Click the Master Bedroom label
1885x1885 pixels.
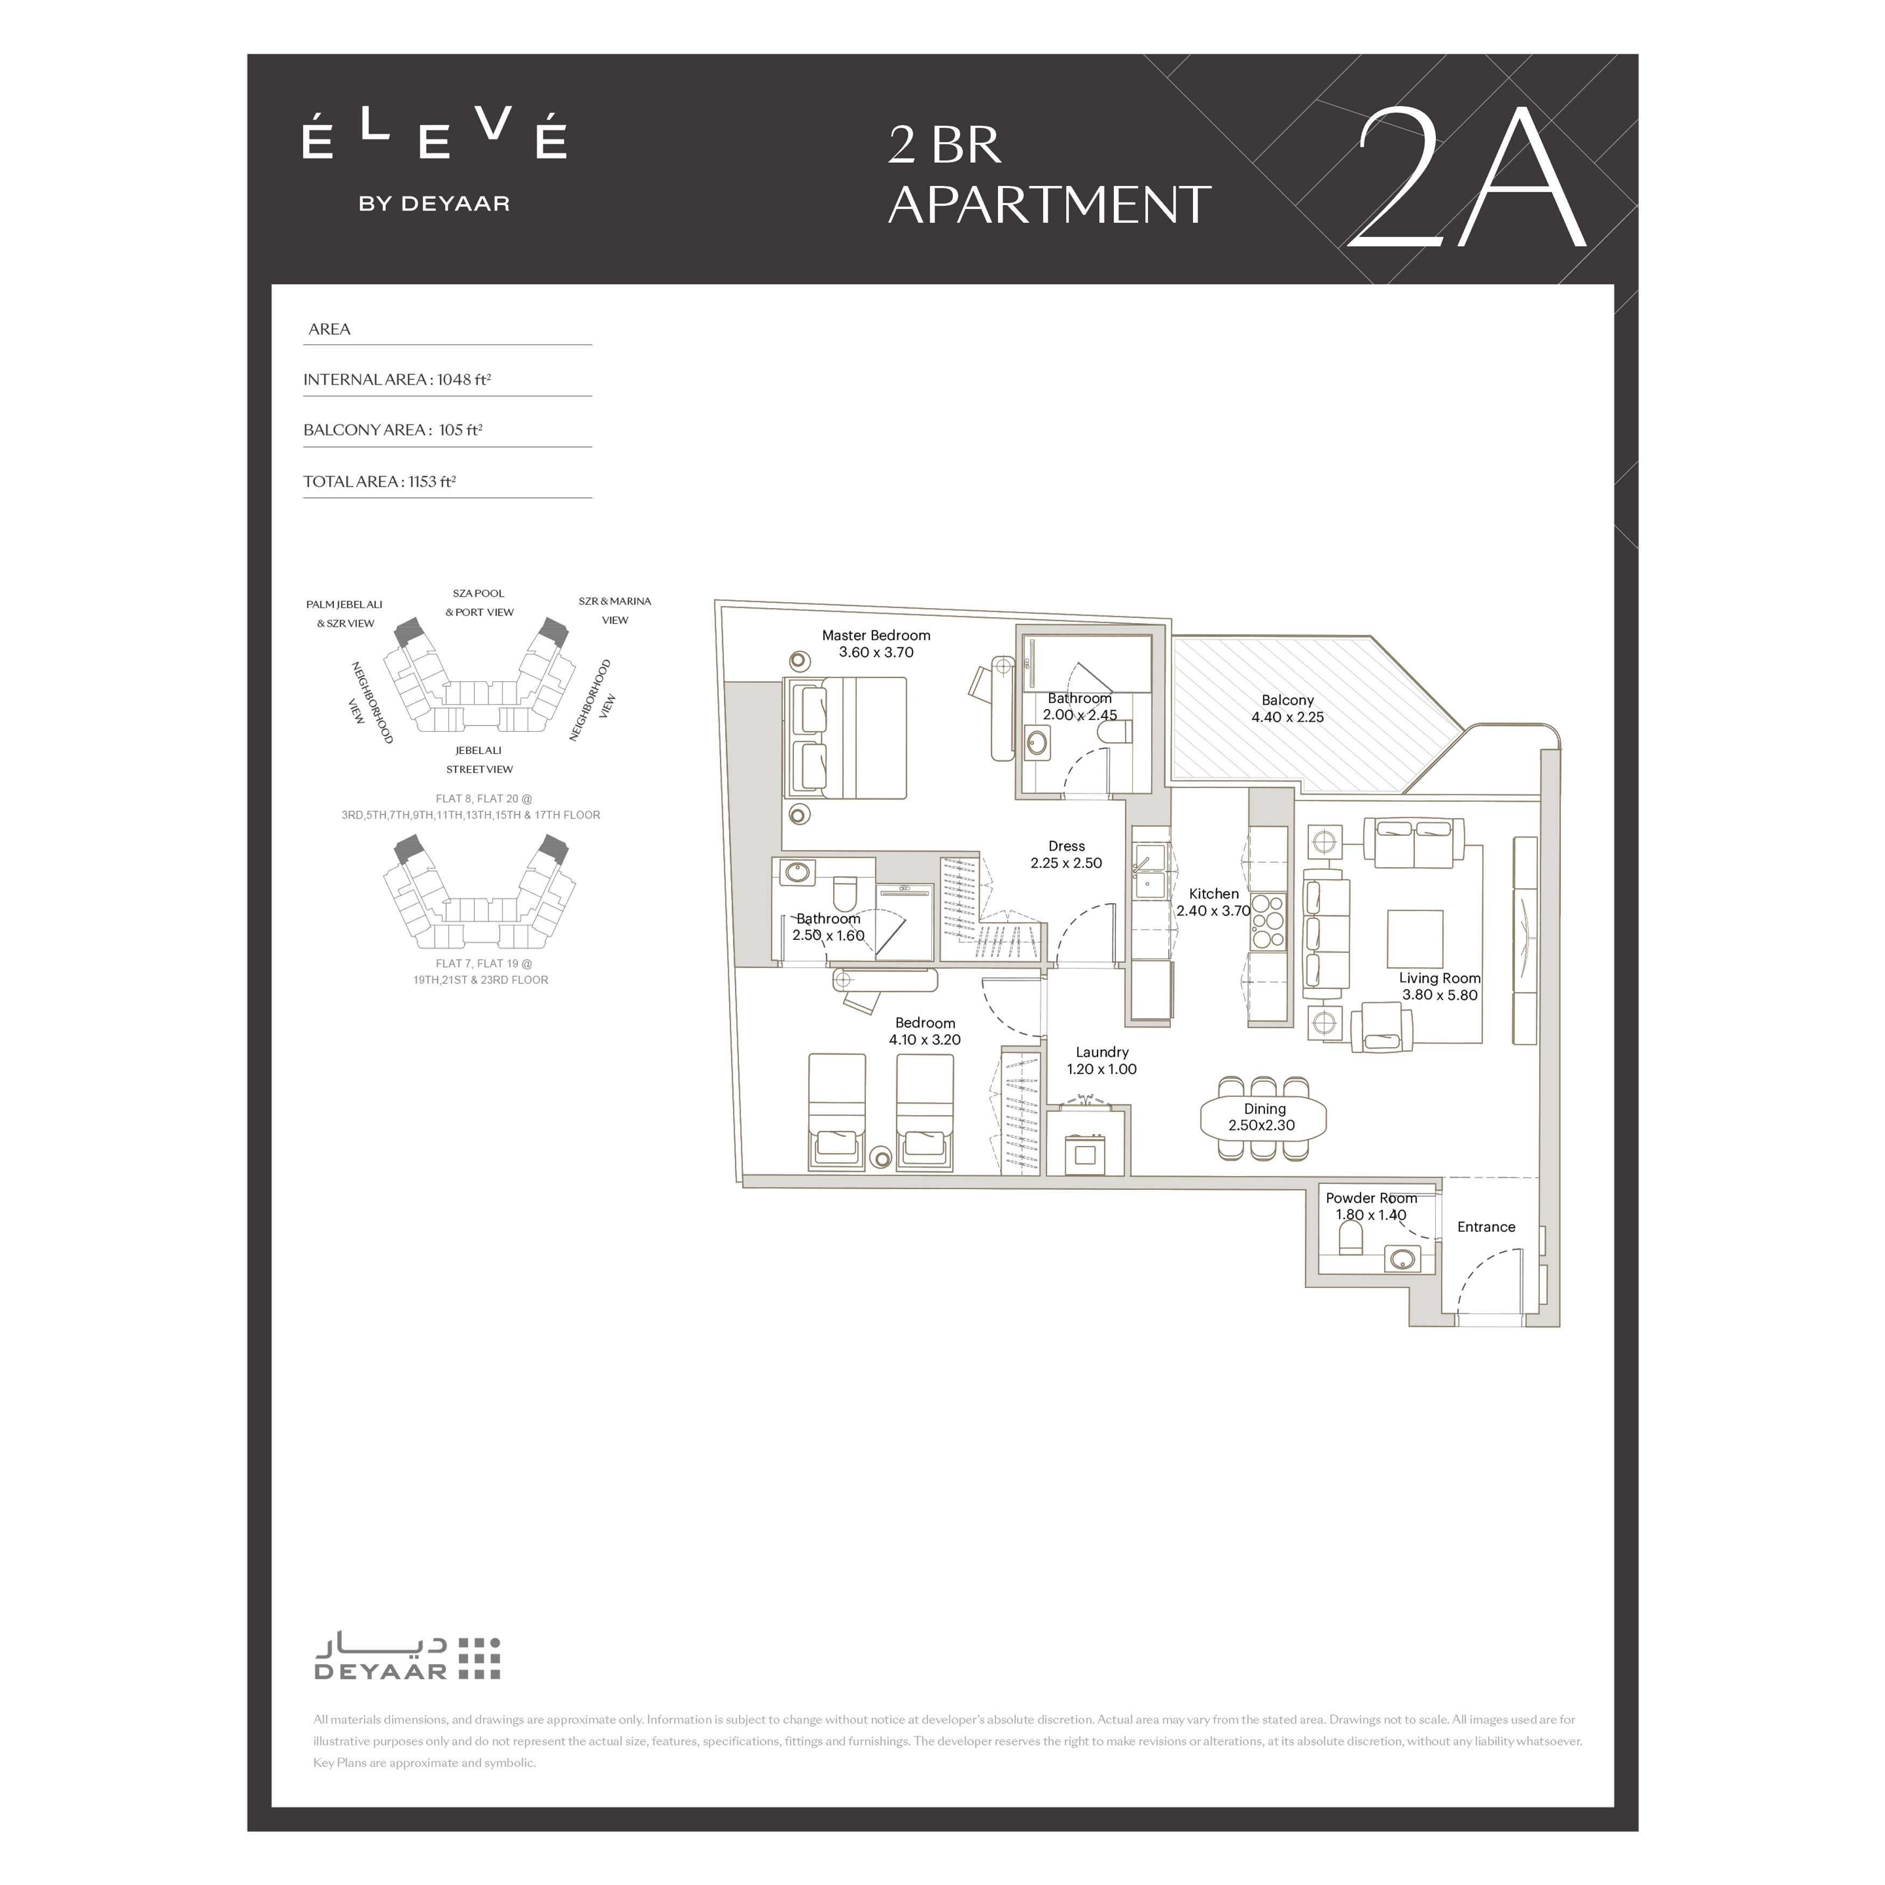(x=876, y=635)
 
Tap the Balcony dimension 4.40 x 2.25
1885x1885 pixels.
(x=1288, y=717)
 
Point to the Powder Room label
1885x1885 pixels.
(x=1371, y=1198)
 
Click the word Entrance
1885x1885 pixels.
(x=1486, y=1227)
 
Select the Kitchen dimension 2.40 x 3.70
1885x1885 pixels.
(x=1214, y=911)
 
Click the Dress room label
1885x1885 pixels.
(x=1066, y=847)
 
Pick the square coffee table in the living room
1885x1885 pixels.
(x=1415, y=940)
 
